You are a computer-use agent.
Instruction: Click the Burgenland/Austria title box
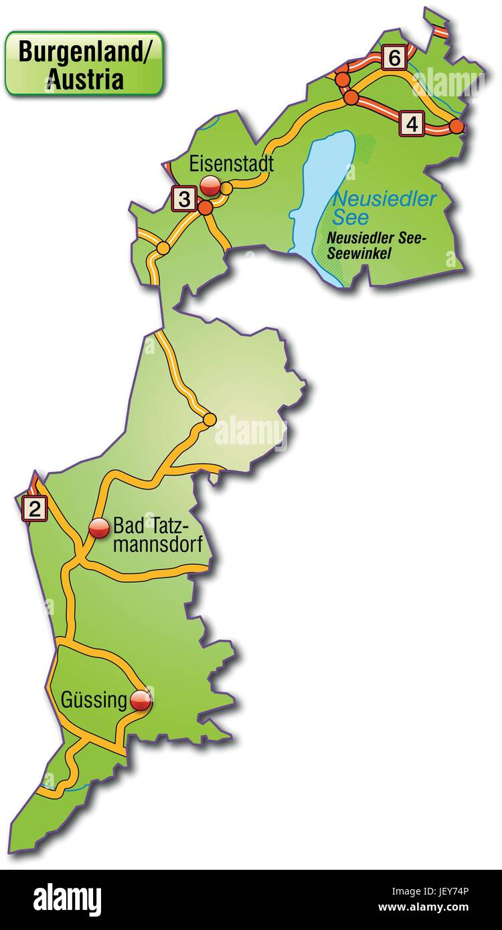(x=84, y=64)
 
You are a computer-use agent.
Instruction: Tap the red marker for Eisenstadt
(x=211, y=185)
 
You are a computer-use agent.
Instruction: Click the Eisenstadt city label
(x=232, y=164)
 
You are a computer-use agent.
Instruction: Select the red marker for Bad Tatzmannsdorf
(x=99, y=529)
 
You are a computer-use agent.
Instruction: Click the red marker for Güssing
(x=141, y=701)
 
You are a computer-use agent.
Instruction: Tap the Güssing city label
(x=94, y=701)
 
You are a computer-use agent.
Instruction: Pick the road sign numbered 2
(x=34, y=508)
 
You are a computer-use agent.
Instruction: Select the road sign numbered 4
(x=412, y=124)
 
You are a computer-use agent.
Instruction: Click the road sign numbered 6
(x=394, y=58)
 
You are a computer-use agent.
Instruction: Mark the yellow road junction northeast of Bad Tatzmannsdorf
(x=210, y=420)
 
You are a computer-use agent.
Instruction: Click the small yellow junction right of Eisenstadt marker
(x=226, y=189)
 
